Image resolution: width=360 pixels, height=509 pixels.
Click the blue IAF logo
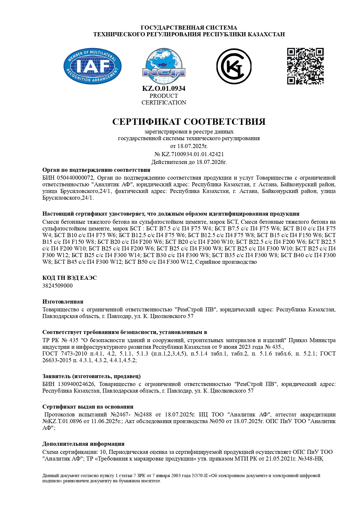pos(92,66)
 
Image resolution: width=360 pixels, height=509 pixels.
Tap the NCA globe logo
pos(164,66)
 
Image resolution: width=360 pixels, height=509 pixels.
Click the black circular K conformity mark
pos(234,66)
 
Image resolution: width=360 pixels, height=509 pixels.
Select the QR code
pos(305,66)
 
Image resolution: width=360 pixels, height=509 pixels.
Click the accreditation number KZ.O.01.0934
pos(164,89)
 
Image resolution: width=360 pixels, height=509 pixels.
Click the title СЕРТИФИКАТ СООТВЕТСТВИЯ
pos(189,122)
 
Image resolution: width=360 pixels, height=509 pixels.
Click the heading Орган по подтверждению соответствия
pos(96,170)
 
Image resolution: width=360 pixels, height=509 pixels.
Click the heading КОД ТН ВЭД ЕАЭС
pos(70,278)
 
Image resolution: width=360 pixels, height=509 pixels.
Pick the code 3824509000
pos(57,286)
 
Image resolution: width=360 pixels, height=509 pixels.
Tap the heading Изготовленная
pos(63,302)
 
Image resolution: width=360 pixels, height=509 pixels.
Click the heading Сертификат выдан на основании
pos(88,407)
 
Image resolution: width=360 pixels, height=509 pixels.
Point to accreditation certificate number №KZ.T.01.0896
pos(62,421)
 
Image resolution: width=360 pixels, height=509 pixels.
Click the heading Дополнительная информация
pos(83,444)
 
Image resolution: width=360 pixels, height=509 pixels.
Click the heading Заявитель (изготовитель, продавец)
pos(91,376)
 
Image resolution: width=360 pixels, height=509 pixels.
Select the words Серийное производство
pos(226,262)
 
